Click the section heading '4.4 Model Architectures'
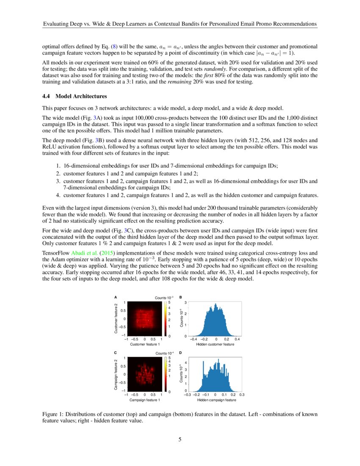click(72, 96)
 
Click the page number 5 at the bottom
click(180, 439)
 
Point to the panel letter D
click(181, 352)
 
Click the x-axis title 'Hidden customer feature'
click(215, 344)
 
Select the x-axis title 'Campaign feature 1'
click(144, 400)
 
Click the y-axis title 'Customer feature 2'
click(116, 319)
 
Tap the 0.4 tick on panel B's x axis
click(237, 339)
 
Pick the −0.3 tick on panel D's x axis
click(188, 394)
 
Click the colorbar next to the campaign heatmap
click(166, 374)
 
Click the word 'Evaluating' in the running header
click(58, 25)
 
